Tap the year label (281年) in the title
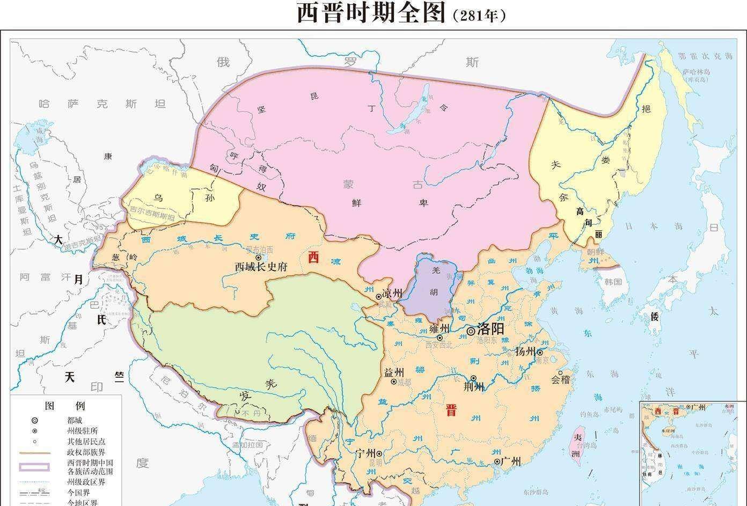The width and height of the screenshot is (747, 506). [479, 16]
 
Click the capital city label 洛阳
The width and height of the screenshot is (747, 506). [490, 329]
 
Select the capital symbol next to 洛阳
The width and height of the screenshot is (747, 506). [471, 331]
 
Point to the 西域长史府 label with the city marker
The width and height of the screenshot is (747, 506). [261, 267]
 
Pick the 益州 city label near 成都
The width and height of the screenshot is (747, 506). [394, 372]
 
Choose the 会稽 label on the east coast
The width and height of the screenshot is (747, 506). [560, 379]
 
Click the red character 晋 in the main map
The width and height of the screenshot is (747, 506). [451, 411]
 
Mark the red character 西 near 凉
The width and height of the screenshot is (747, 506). [313, 258]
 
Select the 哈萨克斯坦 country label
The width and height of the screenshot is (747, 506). [102, 104]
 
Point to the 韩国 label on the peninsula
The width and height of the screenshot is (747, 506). [612, 282]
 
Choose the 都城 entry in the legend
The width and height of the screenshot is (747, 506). [75, 420]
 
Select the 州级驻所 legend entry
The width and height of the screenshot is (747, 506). [82, 431]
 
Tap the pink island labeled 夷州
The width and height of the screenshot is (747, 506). [577, 444]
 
